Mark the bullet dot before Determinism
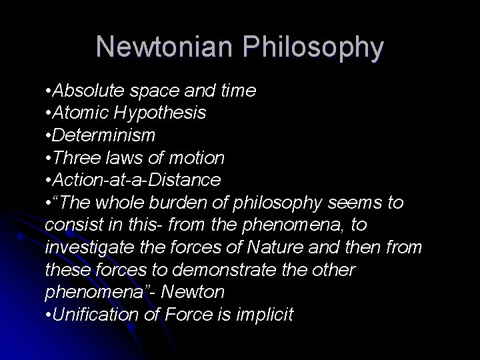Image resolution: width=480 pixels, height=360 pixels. point(49,136)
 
